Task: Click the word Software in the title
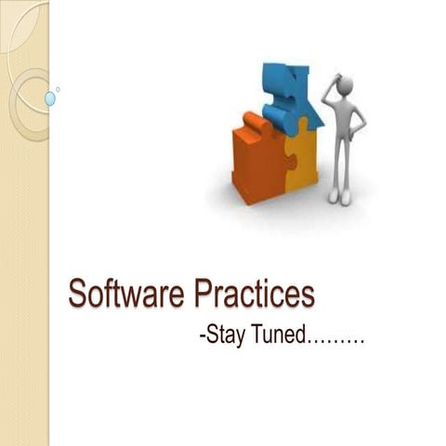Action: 127,295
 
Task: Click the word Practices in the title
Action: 254,295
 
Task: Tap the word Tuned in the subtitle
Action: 279,335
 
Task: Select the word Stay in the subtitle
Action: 226,336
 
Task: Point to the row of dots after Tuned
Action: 335,342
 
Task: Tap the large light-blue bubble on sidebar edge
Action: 50,98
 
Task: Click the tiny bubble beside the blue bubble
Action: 58,89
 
